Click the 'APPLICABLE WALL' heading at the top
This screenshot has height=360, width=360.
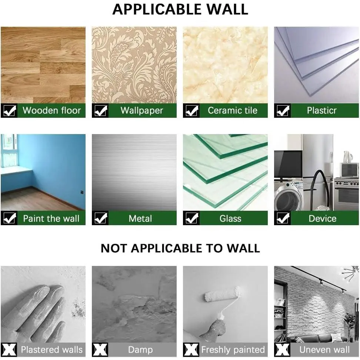tap(180, 9)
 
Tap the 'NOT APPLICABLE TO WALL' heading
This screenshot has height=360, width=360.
tap(180, 248)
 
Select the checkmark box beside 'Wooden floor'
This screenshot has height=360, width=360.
tap(9, 111)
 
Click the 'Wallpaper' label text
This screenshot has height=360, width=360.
tap(142, 110)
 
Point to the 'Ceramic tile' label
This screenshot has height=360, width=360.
tap(233, 110)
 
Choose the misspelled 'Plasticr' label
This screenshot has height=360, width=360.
tap(321, 110)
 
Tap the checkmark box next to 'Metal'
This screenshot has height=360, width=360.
tap(100, 218)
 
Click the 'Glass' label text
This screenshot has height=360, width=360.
tap(230, 219)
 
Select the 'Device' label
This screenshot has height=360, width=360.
tap(322, 219)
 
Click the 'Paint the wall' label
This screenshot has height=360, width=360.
tap(51, 219)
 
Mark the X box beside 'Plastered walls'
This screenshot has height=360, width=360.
tap(9, 350)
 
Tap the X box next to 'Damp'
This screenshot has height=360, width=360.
tap(100, 350)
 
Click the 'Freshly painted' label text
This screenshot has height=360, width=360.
tap(233, 350)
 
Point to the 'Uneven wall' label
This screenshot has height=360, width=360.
tap(324, 350)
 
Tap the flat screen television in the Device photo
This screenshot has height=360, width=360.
tap(288, 164)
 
